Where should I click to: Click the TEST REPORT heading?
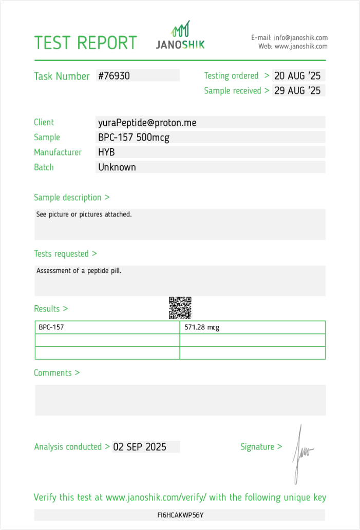tap(85, 43)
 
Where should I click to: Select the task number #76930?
tap(114, 76)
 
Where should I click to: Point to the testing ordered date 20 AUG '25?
tap(297, 76)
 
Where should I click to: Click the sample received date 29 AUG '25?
tap(297, 91)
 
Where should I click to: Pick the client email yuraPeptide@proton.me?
tap(147, 123)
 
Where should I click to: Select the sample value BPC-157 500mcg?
tap(134, 138)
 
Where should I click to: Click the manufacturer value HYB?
tap(106, 152)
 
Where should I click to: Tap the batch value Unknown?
tap(117, 167)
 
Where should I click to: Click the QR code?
tap(180, 308)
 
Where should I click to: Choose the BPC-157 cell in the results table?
tap(51, 327)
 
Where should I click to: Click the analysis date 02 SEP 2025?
tap(140, 447)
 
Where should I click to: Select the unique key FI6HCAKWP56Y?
tap(180, 515)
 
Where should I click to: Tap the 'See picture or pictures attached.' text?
tap(84, 214)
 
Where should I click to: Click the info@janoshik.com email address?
tap(300, 37)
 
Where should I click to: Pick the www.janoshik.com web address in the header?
tap(301, 46)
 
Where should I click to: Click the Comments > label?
tap(56, 373)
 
